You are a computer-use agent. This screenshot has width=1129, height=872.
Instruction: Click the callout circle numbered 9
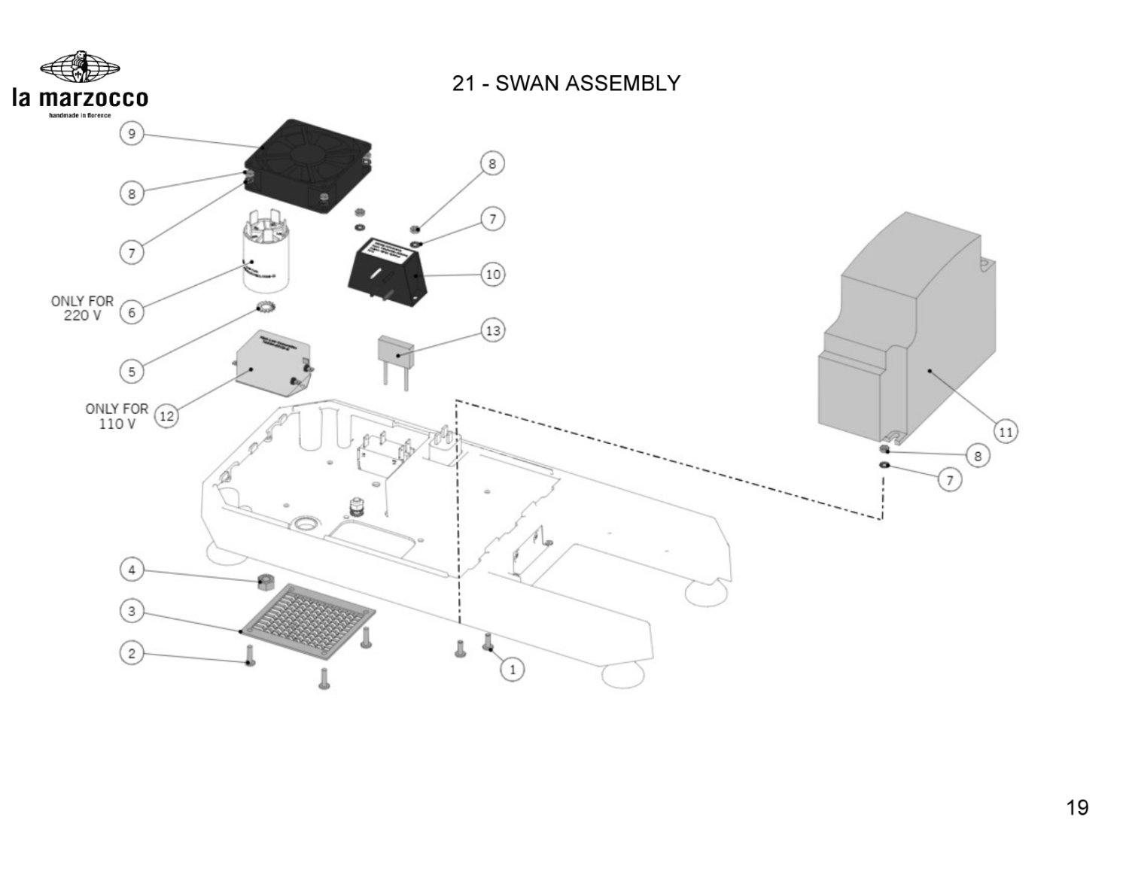pos(132,135)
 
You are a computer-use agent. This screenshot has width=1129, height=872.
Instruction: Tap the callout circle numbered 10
pos(492,274)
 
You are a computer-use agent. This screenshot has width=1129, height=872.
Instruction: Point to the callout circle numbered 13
pos(492,330)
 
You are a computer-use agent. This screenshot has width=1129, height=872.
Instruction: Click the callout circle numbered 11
pos(1006,431)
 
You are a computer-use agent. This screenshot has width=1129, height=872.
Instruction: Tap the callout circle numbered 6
pos(132,312)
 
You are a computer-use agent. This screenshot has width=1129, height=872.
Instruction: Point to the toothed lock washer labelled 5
pos(265,307)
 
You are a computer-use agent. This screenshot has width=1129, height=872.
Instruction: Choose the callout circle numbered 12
pos(166,415)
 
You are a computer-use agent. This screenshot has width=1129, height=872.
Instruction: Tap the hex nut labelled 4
pos(264,581)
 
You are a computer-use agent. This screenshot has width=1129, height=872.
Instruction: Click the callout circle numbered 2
pos(132,653)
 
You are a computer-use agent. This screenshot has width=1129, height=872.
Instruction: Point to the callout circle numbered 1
pos(513,669)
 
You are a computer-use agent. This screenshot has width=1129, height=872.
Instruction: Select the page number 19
pos(1077,807)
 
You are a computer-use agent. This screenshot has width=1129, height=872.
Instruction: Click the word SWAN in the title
pos(527,84)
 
